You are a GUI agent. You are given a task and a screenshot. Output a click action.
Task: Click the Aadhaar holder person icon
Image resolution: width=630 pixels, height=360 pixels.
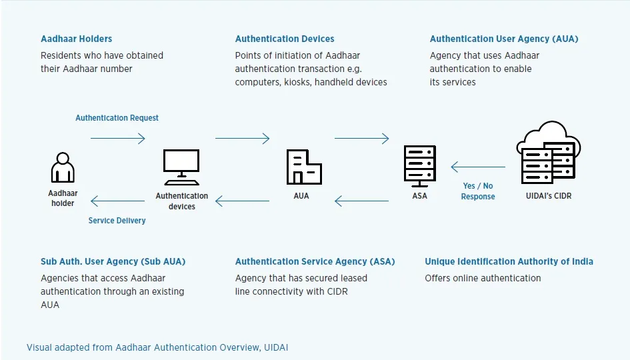click(63, 167)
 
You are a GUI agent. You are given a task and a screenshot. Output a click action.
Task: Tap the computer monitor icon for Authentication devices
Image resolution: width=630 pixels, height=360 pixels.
click(181, 167)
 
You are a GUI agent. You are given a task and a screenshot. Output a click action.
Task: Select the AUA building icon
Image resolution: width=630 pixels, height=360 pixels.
click(304, 167)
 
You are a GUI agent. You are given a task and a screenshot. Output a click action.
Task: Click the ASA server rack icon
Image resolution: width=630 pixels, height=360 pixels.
click(419, 167)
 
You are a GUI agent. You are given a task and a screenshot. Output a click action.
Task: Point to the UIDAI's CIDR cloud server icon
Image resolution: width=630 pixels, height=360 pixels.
click(548, 154)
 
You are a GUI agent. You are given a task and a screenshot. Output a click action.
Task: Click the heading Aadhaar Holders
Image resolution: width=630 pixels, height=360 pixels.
click(76, 39)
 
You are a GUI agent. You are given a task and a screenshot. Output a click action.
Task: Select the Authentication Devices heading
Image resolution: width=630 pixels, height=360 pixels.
click(285, 39)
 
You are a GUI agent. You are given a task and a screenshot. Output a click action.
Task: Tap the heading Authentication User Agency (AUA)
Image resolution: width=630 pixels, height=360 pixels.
click(503, 39)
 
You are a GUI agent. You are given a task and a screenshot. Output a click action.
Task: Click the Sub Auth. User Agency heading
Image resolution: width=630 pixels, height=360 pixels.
click(113, 261)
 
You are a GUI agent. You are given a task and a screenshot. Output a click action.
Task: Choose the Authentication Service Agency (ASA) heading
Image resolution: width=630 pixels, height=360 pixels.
click(315, 261)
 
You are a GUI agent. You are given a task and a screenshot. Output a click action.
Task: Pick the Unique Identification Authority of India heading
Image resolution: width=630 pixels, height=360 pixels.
click(509, 261)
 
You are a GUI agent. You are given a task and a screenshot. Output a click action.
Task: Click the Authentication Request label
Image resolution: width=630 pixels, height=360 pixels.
click(117, 118)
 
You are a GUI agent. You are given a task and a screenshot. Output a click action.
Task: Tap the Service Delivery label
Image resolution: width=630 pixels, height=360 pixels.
click(117, 220)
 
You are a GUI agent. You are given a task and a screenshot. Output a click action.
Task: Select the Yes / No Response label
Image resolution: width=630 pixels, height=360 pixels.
click(478, 191)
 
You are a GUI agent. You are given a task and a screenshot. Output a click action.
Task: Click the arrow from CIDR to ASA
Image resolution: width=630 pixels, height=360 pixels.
click(478, 167)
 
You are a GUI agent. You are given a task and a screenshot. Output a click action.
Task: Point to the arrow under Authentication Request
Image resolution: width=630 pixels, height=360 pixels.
click(117, 139)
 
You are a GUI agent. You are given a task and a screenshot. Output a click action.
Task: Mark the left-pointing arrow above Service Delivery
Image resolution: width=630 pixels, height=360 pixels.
click(117, 201)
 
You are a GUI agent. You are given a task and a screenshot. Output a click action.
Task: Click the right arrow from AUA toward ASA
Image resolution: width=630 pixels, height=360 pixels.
click(361, 139)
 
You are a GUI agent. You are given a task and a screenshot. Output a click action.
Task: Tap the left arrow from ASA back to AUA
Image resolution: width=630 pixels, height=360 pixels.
click(361, 201)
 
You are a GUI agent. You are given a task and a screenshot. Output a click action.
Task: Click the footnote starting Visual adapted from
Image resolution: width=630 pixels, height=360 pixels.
click(157, 347)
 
